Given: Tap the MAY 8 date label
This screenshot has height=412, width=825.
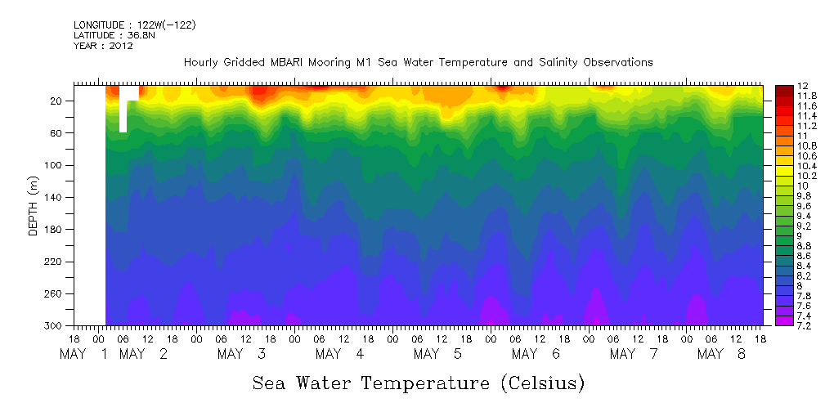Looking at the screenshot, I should [724, 354].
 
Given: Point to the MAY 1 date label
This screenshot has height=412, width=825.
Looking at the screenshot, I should [86, 354].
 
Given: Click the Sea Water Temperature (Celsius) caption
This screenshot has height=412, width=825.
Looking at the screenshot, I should [418, 383].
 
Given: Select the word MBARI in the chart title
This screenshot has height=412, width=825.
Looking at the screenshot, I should [307, 62].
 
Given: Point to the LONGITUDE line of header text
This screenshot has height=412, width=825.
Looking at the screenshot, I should [134, 25].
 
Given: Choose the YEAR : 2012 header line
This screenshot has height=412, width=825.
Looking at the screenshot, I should [103, 46].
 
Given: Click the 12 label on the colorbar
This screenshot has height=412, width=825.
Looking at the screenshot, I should [780, 86].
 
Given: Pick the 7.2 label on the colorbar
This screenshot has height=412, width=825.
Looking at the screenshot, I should [782, 325].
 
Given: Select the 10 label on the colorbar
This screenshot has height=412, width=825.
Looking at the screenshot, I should [780, 186].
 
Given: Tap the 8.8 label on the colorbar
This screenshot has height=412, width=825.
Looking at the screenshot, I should [782, 245].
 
